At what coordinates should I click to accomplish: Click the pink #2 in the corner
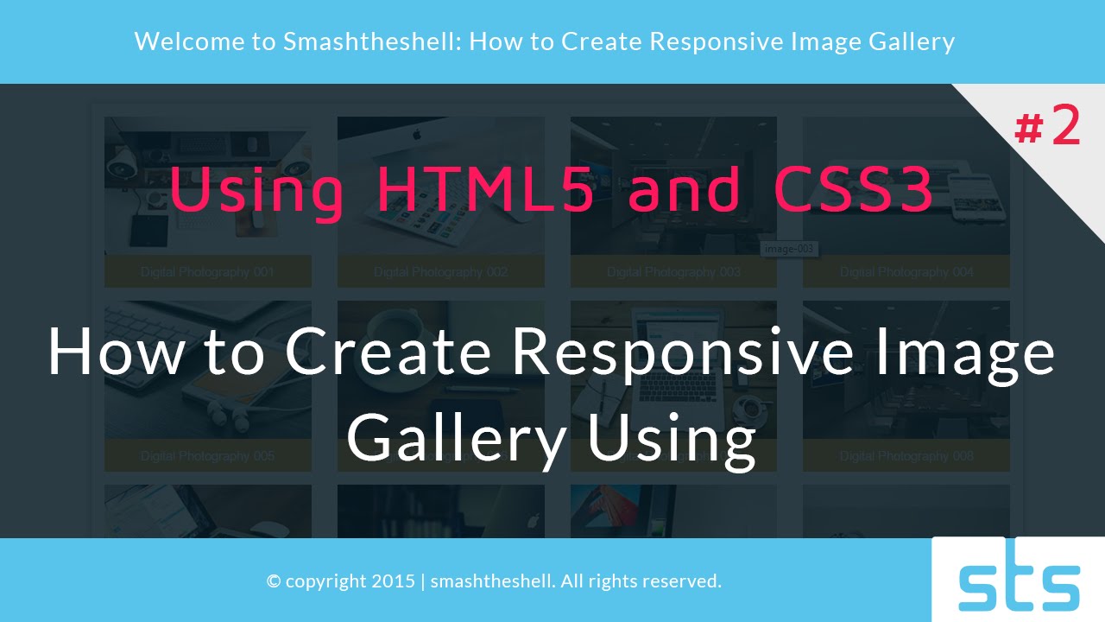click(x=1047, y=127)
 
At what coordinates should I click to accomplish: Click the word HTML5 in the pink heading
click(x=486, y=190)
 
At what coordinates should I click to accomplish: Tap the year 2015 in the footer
click(x=394, y=581)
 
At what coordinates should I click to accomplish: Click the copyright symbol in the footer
click(x=274, y=581)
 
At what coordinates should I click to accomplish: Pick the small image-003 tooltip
click(x=789, y=249)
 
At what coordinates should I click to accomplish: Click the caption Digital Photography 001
click(x=207, y=272)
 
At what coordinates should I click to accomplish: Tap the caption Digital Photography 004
click(x=906, y=272)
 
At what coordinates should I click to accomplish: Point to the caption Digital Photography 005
click(x=207, y=455)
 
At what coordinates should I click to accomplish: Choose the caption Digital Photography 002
click(x=440, y=272)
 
